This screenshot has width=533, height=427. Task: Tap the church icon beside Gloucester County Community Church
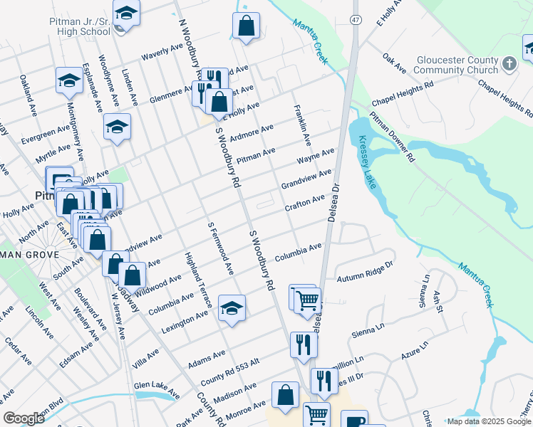pos(509,64)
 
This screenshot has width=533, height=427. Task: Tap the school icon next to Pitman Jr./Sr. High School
pos(126,13)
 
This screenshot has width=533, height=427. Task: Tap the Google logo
pos(24,418)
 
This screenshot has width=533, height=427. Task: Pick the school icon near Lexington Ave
pos(232,308)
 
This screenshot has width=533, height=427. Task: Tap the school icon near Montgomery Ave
pos(69,80)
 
